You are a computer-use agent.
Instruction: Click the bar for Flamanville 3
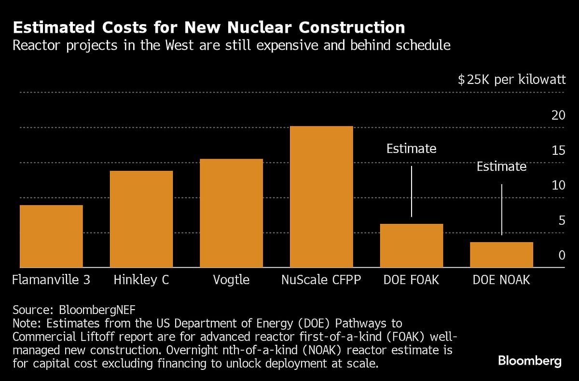point(51,236)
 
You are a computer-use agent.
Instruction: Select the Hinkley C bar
point(141,219)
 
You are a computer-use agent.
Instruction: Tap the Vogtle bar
point(231,213)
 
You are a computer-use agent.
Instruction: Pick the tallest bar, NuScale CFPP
point(321,197)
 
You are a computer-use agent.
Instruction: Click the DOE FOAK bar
point(412,245)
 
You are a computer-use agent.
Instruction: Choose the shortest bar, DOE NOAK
point(501,255)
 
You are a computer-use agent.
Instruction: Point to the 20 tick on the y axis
point(558,115)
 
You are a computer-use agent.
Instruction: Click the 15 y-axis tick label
point(558,150)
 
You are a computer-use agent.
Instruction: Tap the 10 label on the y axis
point(558,185)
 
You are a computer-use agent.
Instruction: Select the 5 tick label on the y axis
point(562,220)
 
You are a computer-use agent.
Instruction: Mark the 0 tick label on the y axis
point(562,255)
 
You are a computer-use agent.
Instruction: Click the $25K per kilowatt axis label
point(511,80)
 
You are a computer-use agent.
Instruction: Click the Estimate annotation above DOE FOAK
point(411,149)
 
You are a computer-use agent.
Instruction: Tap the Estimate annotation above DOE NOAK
point(501,167)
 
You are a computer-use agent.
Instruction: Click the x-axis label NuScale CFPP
point(321,280)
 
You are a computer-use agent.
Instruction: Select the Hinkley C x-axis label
point(141,280)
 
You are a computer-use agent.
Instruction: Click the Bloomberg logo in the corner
point(530,361)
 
